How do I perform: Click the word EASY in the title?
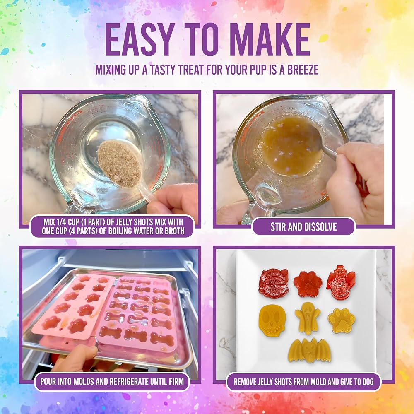coord(140,40)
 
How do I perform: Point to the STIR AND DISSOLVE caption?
coord(303,227)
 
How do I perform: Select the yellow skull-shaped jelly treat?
coord(272,320)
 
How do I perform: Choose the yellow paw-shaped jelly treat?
coord(342,320)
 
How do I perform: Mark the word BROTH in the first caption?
coord(175,231)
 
